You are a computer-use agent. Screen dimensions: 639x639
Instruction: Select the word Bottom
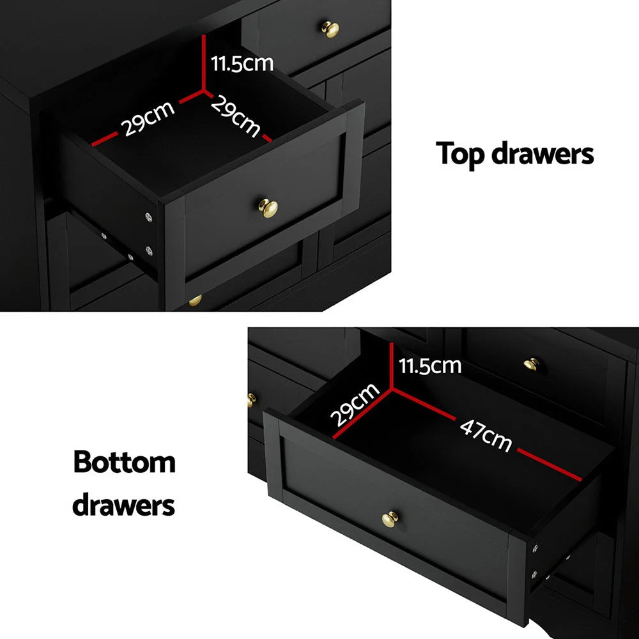click(x=124, y=462)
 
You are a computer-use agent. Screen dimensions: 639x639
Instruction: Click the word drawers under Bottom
click(x=123, y=505)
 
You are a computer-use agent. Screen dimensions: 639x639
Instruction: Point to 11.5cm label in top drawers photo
click(x=242, y=63)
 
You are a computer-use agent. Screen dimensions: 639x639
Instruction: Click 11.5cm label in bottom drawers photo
click(x=430, y=366)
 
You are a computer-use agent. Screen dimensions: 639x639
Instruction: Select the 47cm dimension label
click(x=486, y=435)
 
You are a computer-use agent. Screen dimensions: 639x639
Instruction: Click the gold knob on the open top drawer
click(x=268, y=207)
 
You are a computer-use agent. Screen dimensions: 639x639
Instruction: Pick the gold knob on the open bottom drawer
click(x=389, y=519)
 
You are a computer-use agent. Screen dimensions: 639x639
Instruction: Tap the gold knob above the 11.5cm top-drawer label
click(x=330, y=29)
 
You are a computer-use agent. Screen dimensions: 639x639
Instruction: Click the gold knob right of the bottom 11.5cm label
click(x=531, y=365)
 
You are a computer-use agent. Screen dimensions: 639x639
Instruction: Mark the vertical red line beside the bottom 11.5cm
click(x=391, y=364)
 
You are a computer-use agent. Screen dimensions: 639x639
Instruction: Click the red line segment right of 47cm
click(x=550, y=465)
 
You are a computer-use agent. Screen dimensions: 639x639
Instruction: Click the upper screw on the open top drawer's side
click(x=150, y=217)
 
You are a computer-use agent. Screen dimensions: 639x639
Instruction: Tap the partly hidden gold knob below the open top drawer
click(x=195, y=300)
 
